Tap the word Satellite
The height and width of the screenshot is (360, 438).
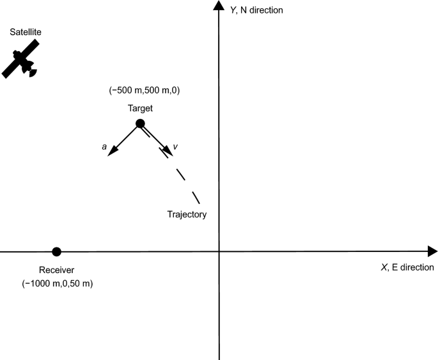[25, 31]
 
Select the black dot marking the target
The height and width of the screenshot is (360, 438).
[141, 123]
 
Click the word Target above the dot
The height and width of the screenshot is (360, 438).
[140, 109]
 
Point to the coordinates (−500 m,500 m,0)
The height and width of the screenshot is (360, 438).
[145, 91]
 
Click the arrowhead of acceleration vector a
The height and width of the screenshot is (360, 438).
[111, 152]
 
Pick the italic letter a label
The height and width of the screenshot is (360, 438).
[104, 147]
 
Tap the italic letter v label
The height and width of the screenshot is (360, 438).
[175, 147]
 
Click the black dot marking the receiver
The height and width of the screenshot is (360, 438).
[56, 251]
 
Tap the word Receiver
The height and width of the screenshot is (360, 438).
[57, 269]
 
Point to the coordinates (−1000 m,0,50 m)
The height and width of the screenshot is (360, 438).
[58, 283]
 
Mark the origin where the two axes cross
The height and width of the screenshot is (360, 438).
[219, 251]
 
